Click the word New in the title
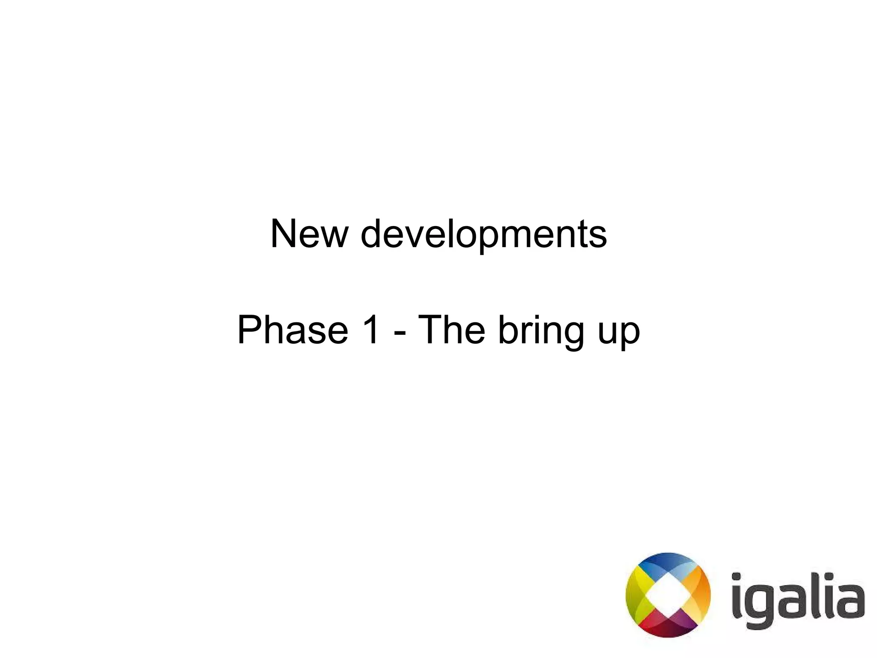pyautogui.click(x=309, y=234)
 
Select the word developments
pyautogui.click(x=483, y=235)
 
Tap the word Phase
pyautogui.click(x=293, y=330)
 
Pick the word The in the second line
pyautogui.click(x=451, y=329)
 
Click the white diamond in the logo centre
pyautogui.click(x=668, y=595)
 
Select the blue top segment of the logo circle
pyautogui.click(x=668, y=560)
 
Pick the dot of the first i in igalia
pyautogui.click(x=737, y=577)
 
